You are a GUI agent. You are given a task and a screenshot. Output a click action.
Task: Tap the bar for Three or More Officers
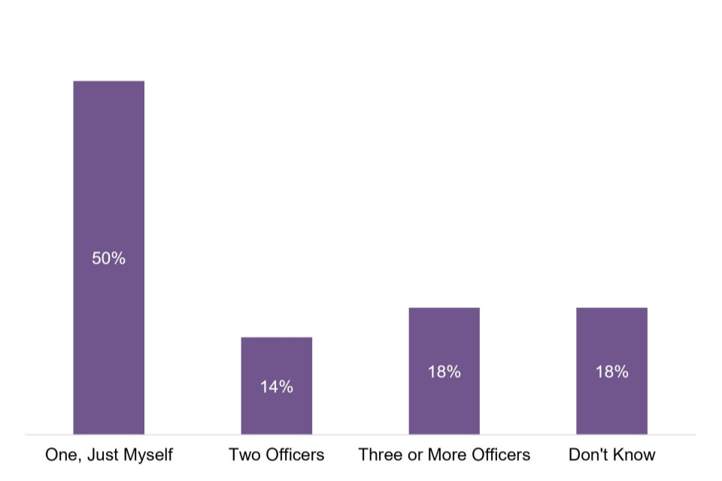pyautogui.click(x=444, y=338)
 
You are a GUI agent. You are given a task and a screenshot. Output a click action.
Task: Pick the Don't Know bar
pyautogui.click(x=611, y=338)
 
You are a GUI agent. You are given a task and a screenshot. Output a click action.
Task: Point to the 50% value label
pyautogui.click(x=108, y=259)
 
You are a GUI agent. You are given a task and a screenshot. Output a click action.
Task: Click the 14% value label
pyautogui.click(x=276, y=387)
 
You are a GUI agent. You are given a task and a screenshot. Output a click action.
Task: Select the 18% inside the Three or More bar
pyautogui.click(x=444, y=372)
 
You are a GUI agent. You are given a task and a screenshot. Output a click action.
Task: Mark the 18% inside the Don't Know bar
pyautogui.click(x=611, y=372)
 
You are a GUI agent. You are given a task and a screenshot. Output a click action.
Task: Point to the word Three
pyautogui.click(x=380, y=455)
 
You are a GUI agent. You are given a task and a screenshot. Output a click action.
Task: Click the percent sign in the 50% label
pyautogui.click(x=118, y=259)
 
